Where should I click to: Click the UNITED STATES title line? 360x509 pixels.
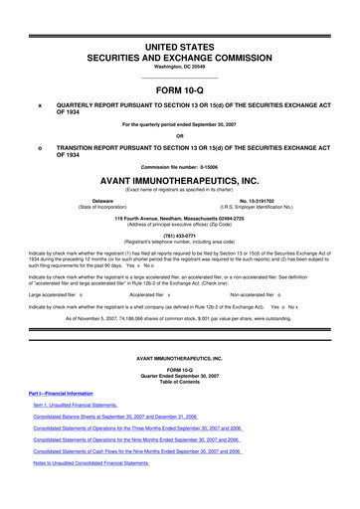coord(179,18)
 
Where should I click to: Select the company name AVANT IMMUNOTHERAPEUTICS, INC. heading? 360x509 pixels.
coord(179,182)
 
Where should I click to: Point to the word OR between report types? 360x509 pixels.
coord(179,135)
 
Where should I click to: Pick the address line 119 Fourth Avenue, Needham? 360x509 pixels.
coord(179,218)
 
